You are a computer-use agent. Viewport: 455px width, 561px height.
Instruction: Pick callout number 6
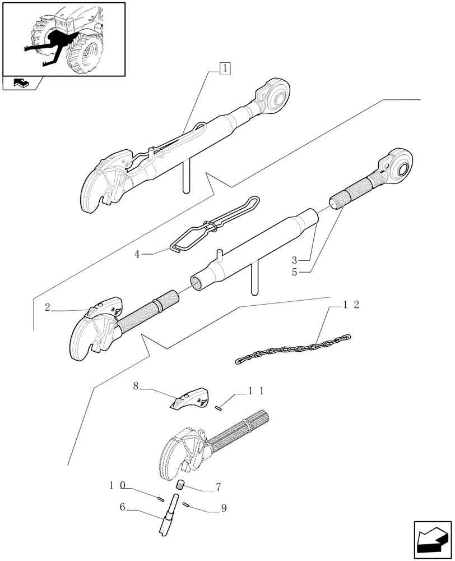coord(122,508)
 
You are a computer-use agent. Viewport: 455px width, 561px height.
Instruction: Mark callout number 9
coord(224,509)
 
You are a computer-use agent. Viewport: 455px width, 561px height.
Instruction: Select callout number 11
coord(255,391)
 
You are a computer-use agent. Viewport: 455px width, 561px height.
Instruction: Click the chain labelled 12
coord(291,349)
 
